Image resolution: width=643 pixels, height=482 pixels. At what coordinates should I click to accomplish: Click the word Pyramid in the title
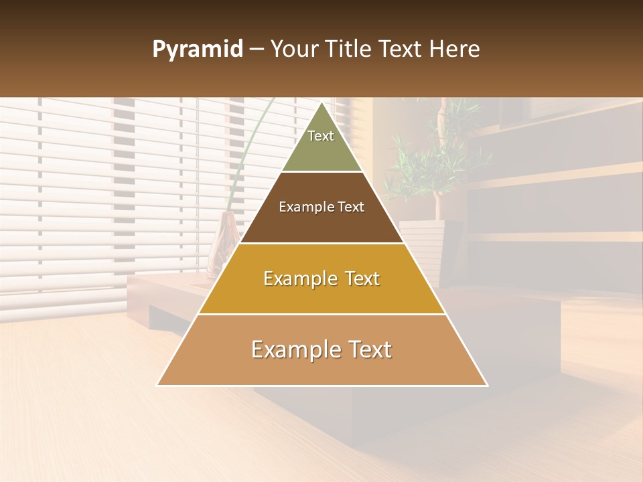(x=197, y=50)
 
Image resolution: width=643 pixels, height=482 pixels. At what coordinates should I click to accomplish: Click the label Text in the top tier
(x=321, y=136)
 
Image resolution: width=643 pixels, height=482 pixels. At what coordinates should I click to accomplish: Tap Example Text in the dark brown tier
(x=321, y=207)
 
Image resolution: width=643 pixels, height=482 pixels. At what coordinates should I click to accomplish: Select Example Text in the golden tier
(x=321, y=278)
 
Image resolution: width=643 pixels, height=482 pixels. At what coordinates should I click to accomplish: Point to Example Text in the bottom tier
(x=321, y=349)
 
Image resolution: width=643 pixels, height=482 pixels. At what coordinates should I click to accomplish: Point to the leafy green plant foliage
(x=429, y=154)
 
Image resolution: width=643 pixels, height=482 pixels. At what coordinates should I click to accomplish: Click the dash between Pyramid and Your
(x=256, y=50)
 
